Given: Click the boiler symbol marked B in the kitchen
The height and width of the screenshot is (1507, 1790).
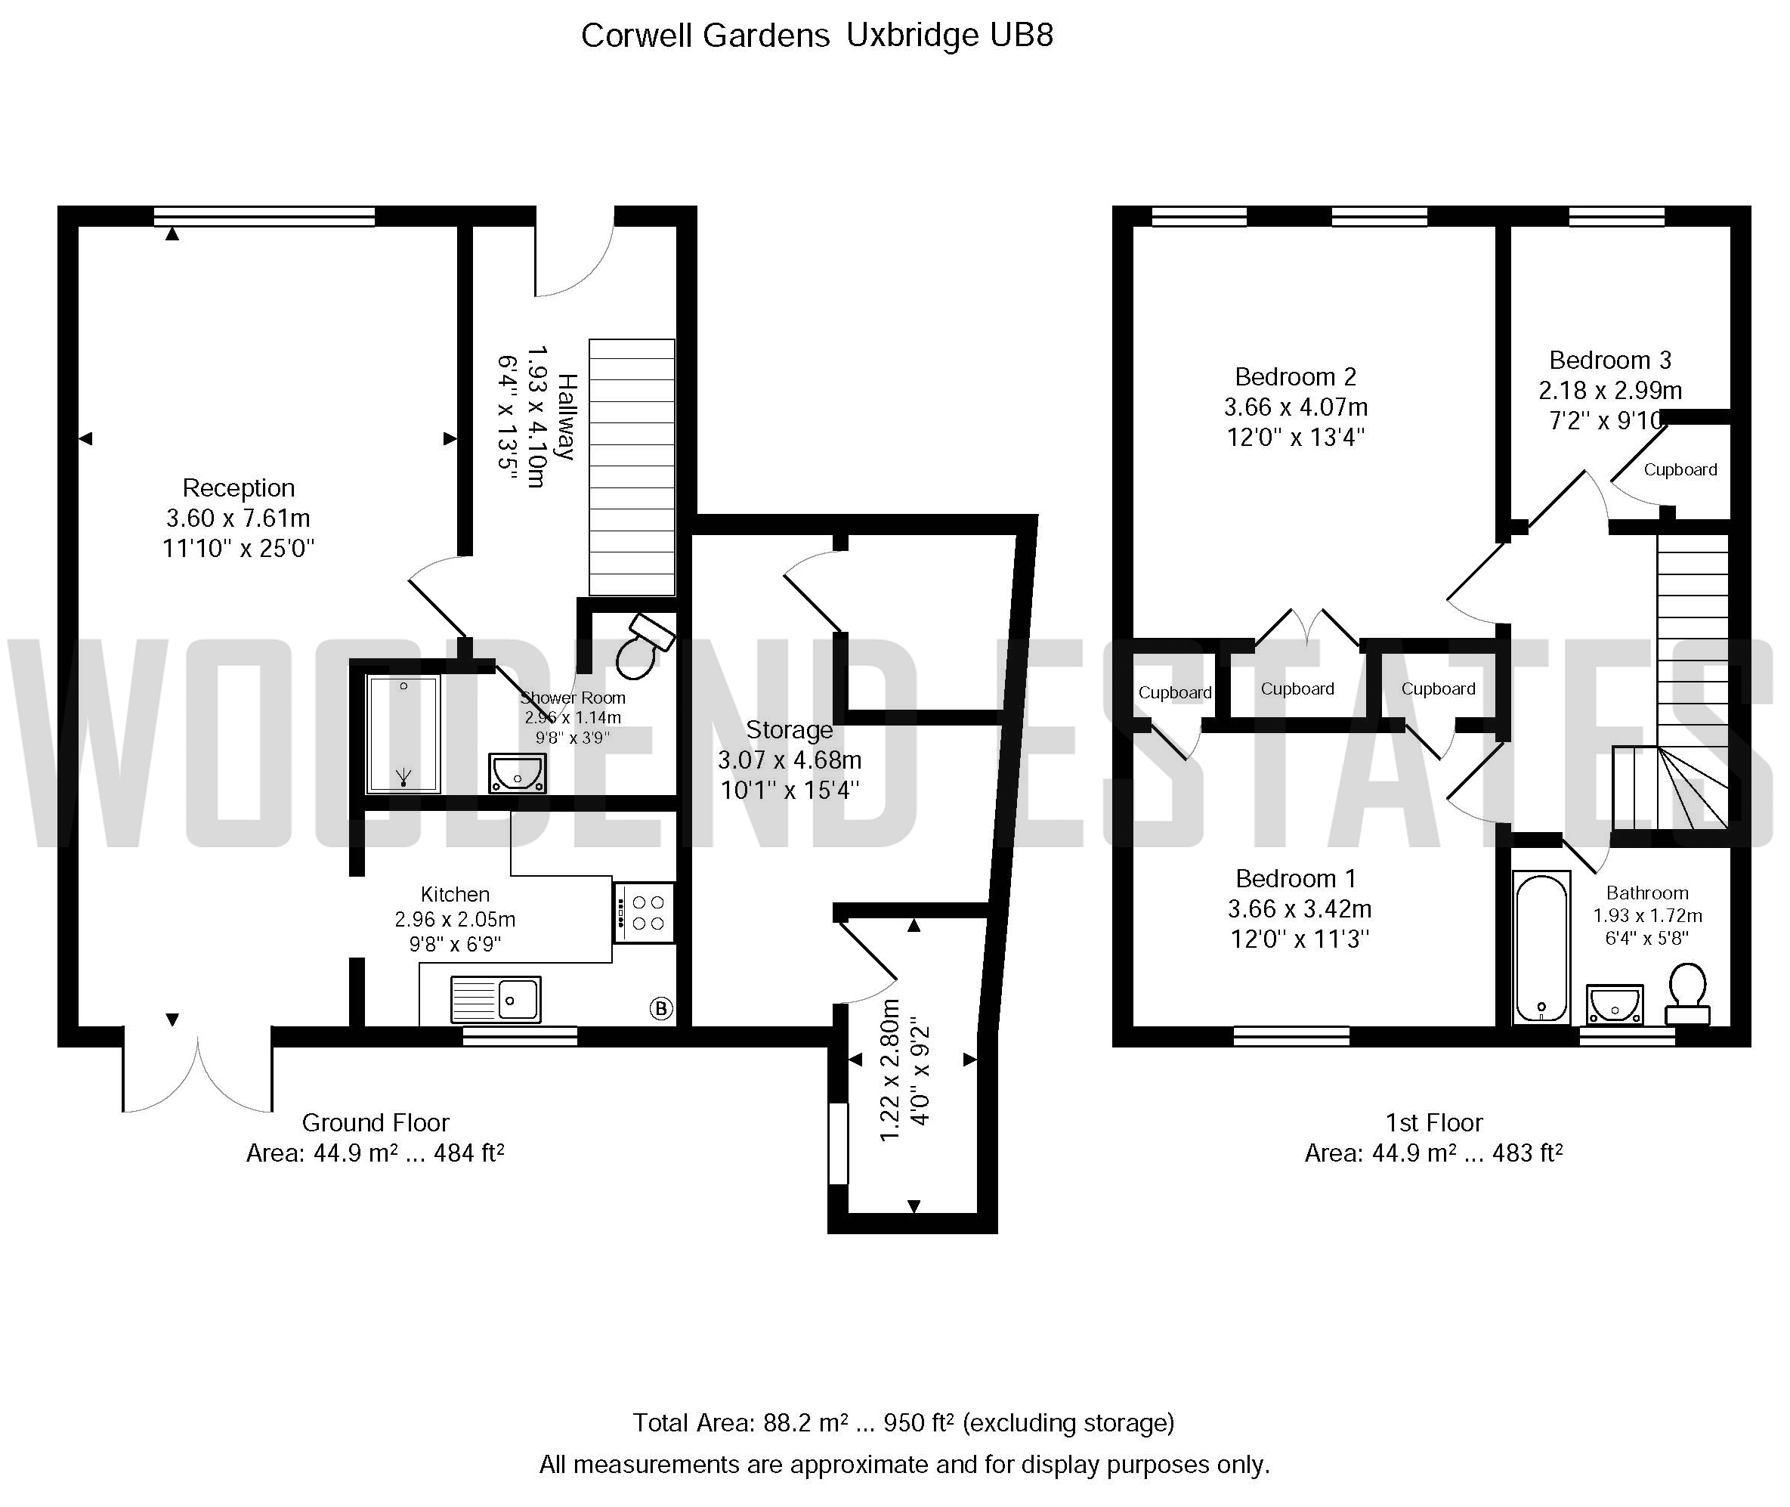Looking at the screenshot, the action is [x=661, y=1008].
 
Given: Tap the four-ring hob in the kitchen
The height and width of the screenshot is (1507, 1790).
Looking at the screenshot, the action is [x=645, y=912].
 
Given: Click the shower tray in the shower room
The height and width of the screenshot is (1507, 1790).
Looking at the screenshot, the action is [x=403, y=734].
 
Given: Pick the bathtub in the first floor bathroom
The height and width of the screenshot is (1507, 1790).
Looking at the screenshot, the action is [x=1541, y=948].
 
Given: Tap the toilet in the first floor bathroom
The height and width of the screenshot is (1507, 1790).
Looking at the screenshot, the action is [x=1687, y=994].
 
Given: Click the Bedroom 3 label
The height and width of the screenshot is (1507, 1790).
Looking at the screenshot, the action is [x=1610, y=360].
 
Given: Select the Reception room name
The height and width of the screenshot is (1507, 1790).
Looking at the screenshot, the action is [x=239, y=487].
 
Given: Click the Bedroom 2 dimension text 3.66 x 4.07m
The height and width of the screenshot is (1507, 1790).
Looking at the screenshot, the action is [x=1296, y=407].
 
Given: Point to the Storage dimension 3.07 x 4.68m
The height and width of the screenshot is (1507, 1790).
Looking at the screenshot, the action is [x=789, y=760].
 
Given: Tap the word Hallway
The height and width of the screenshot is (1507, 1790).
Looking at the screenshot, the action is [x=567, y=417].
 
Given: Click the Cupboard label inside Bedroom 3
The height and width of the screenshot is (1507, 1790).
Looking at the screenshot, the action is [x=1680, y=470].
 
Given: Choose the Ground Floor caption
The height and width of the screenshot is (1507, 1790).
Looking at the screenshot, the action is [x=376, y=1122].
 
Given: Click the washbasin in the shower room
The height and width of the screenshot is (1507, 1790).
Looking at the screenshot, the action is [x=517, y=773].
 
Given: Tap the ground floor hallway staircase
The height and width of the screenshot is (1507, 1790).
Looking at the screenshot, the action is [x=632, y=467].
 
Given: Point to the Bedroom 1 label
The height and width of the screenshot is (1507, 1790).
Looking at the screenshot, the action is [x=1296, y=878].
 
